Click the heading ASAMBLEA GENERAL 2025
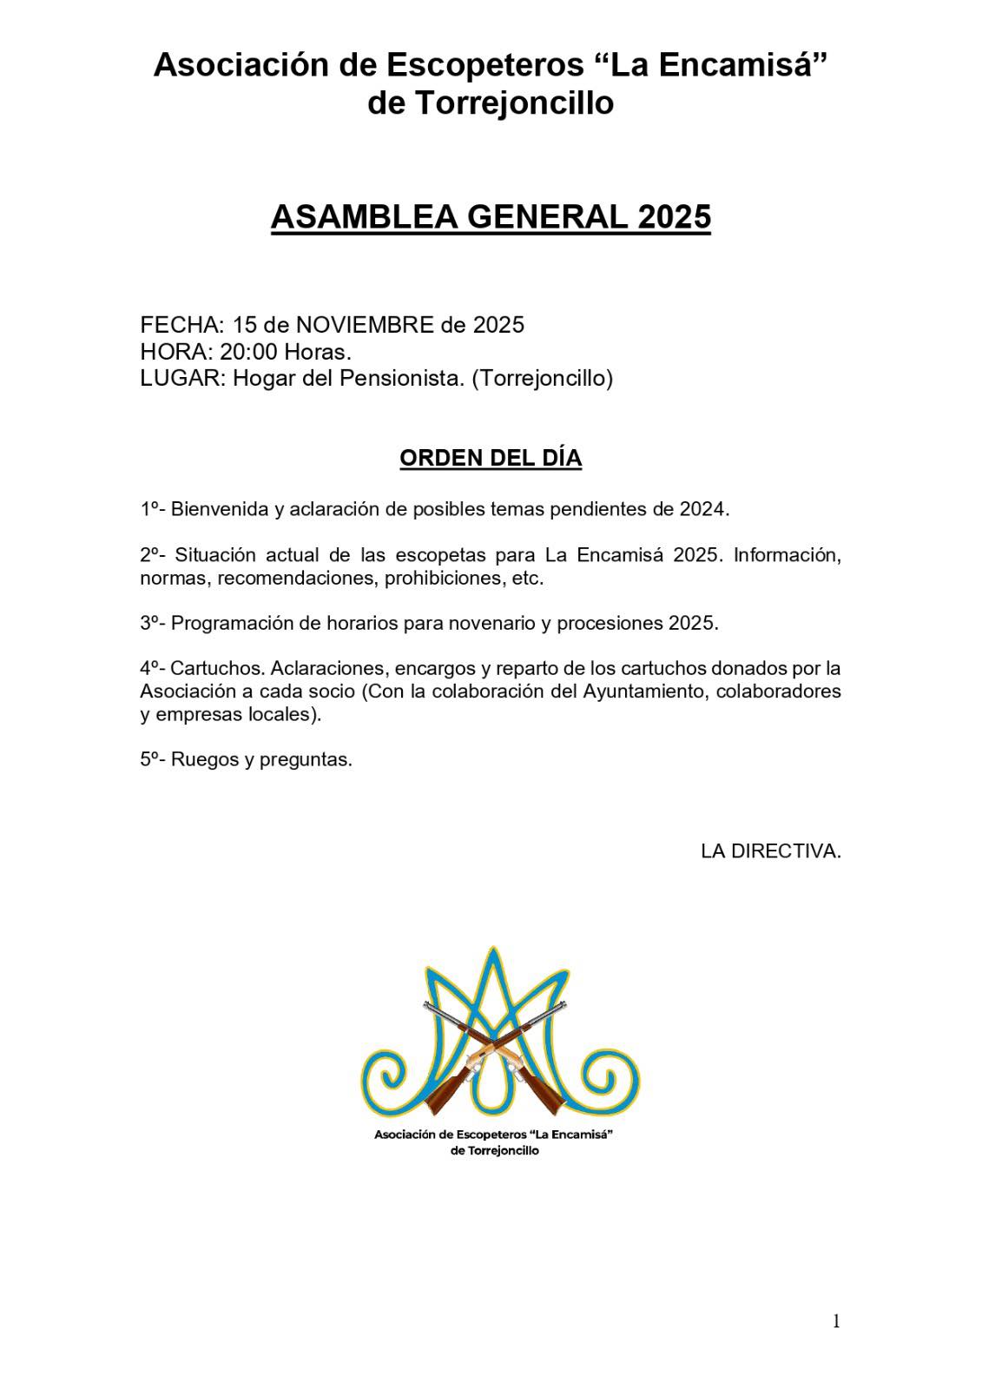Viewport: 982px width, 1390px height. tap(491, 217)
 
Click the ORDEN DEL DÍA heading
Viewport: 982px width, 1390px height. tap(491, 458)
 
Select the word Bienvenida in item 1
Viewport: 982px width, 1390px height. tap(220, 509)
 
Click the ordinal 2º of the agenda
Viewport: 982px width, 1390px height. tap(153, 555)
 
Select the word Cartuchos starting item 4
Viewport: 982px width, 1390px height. tap(217, 669)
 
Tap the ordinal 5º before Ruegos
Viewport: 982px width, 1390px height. tap(153, 759)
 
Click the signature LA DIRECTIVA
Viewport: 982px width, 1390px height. tap(771, 851)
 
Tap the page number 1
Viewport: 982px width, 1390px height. tap(836, 1321)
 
